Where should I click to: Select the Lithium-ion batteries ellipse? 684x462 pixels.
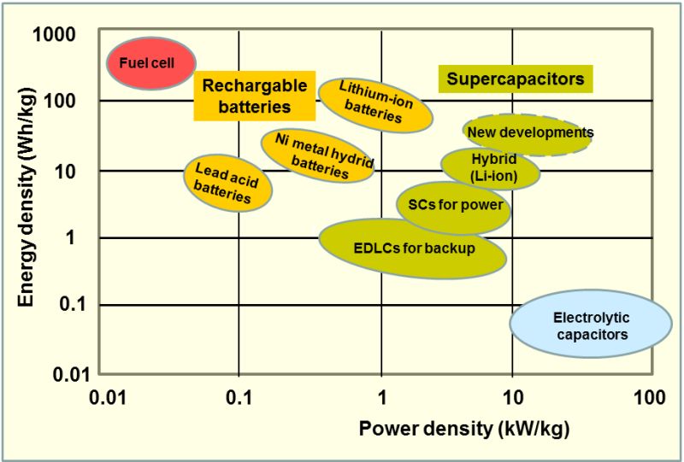369,102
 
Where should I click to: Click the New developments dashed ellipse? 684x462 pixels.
528,133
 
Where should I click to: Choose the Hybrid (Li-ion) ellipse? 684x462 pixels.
491,167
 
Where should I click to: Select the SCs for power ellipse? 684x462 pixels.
454,206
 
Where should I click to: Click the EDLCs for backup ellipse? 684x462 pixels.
413,248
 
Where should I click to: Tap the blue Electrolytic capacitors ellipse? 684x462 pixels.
592,325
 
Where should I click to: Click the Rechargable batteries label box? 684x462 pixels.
242,96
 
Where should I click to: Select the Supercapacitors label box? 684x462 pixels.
516,79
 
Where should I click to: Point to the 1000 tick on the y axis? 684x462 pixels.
55,34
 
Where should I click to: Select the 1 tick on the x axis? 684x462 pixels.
381,397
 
